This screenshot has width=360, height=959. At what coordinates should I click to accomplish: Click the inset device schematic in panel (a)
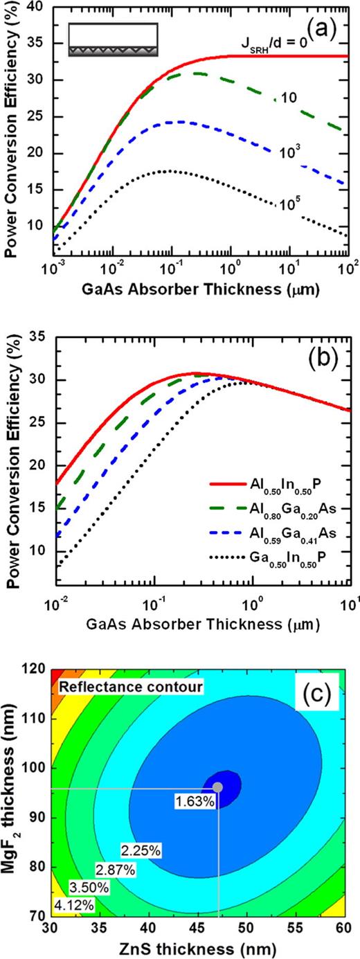click(114, 40)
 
